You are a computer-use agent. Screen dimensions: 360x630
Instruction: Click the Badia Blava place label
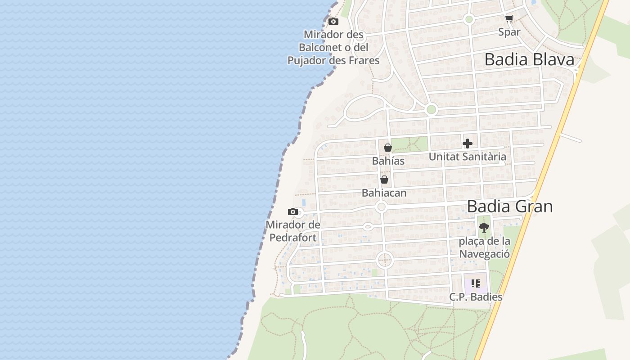point(529,59)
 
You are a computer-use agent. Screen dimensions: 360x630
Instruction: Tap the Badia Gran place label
point(509,206)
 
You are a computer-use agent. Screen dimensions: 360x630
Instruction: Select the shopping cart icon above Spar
point(509,18)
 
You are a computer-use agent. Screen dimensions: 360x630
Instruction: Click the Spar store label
point(509,32)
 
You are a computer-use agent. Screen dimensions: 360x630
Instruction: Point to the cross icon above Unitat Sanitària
point(468,144)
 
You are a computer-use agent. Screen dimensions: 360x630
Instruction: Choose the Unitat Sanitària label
point(467,157)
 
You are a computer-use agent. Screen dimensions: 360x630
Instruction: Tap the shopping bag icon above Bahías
point(388,148)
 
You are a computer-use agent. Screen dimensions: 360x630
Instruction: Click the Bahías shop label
point(388,161)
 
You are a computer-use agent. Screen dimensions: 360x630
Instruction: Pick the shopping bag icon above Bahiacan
point(384,180)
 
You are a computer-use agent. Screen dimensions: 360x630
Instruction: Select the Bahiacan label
point(384,193)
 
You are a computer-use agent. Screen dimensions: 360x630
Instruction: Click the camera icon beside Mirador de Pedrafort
point(293,211)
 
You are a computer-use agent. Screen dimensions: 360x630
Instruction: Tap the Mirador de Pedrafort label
point(293,231)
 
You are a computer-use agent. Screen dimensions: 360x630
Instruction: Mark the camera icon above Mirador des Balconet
point(333,21)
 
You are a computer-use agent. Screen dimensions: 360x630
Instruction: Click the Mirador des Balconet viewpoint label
point(333,47)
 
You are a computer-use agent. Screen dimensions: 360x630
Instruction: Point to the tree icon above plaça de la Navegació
point(484,228)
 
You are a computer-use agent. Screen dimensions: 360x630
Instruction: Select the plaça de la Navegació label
point(484,247)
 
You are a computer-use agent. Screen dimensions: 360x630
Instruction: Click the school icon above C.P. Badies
point(476,283)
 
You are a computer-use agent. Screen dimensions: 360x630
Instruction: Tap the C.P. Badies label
point(476,297)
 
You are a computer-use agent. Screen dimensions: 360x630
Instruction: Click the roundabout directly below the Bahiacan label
point(382,207)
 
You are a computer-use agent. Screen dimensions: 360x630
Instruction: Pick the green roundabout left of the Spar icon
point(469,19)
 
